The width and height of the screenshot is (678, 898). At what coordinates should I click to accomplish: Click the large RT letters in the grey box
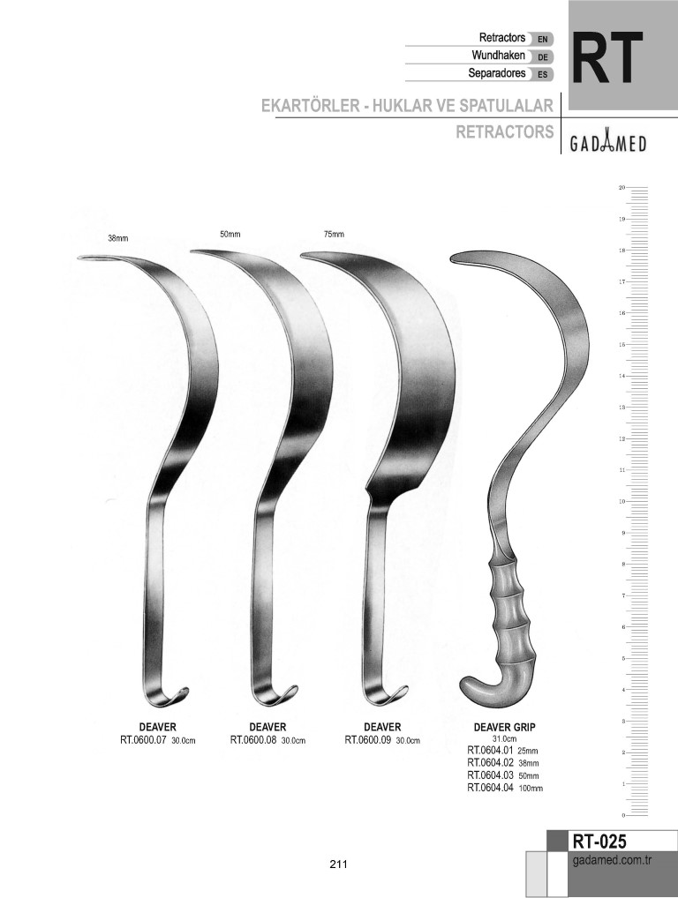coord(608,57)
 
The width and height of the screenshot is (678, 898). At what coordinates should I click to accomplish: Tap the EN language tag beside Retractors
coord(542,39)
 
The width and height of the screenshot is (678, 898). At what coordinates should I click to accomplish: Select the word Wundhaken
coord(498,56)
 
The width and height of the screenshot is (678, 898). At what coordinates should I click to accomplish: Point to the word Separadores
coord(497,73)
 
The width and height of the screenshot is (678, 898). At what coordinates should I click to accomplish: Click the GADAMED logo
coord(607,143)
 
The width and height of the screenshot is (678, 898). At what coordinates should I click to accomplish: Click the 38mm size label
coord(117,238)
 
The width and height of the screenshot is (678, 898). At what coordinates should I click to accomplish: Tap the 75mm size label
coord(334,235)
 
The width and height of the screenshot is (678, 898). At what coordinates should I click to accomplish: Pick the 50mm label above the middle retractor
coord(230,235)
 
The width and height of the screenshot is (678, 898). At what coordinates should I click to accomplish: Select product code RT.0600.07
coord(143,739)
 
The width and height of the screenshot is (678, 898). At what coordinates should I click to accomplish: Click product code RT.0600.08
coord(253,739)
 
